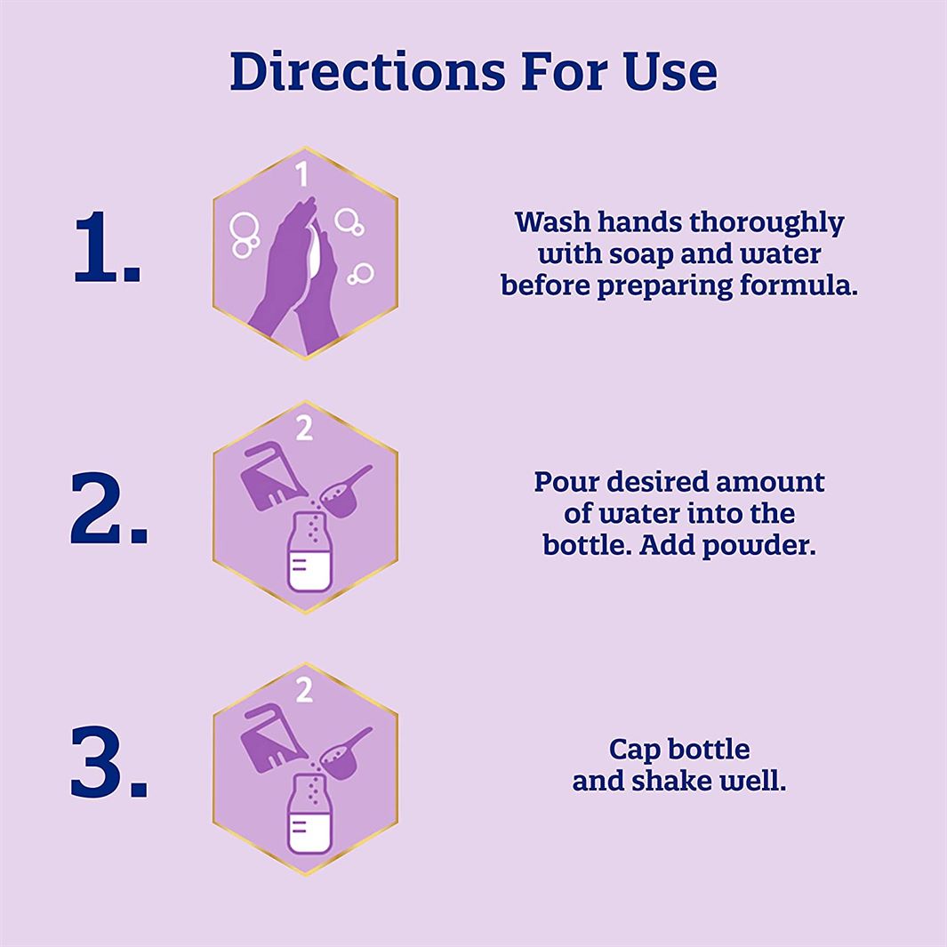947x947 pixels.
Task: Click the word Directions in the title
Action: [x=367, y=71]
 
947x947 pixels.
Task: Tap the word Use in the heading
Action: [x=670, y=71]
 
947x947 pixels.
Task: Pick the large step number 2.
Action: [x=108, y=508]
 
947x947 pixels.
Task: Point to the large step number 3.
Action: [x=108, y=762]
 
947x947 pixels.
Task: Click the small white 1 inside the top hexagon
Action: [x=302, y=173]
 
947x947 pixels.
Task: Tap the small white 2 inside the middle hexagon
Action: [x=304, y=428]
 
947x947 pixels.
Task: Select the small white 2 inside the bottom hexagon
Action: [x=304, y=690]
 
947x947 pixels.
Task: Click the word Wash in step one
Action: [x=552, y=221]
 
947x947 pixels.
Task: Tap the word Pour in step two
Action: [x=566, y=482]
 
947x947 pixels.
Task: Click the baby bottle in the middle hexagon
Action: [x=309, y=552]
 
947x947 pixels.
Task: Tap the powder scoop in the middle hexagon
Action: [x=344, y=492]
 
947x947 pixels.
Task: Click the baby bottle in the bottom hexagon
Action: [x=309, y=815]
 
